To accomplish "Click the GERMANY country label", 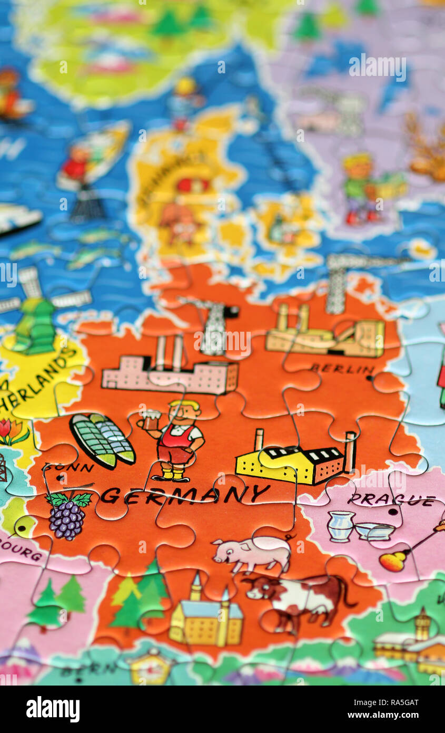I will coord(185,495).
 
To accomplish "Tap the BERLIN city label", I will coord(342,369).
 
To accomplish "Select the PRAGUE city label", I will coord(392,500).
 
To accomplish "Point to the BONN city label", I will coord(68,467).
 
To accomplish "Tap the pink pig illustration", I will coord(253,554).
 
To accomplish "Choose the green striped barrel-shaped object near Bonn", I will coord(102,441).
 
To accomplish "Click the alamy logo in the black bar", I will coord(53,709).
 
